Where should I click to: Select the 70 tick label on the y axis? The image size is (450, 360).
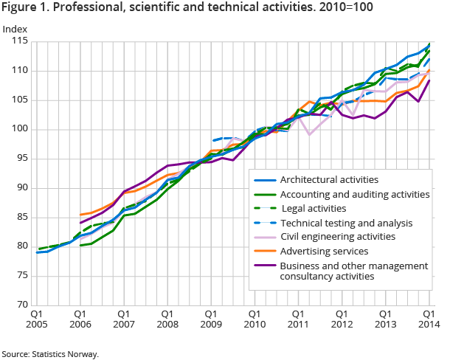[24, 305]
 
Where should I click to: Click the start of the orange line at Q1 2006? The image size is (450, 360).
[80, 215]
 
